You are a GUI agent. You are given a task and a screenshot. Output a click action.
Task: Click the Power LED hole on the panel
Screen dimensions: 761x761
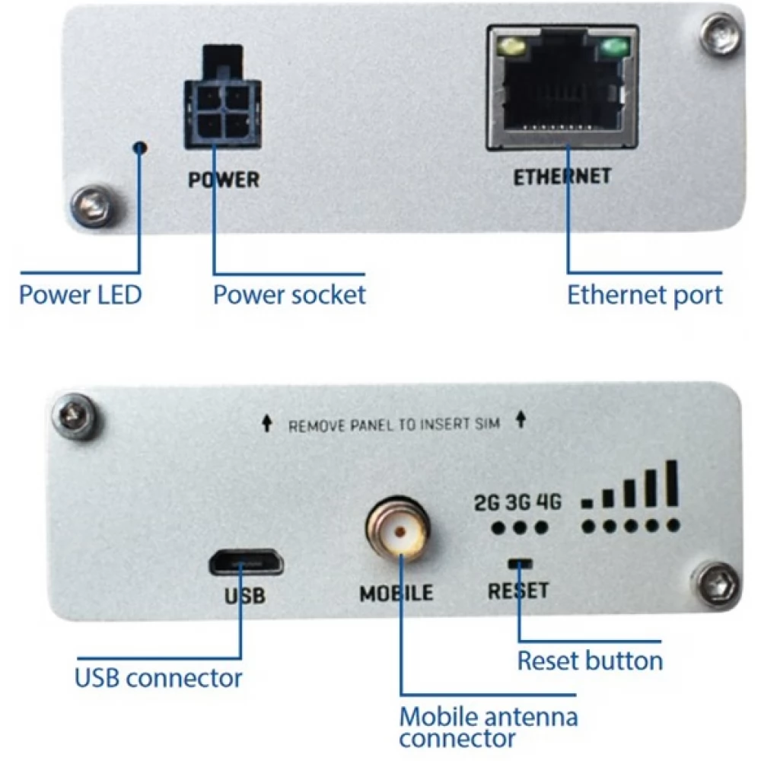tap(139, 146)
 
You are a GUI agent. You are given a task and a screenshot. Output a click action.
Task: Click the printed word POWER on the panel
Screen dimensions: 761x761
tap(224, 180)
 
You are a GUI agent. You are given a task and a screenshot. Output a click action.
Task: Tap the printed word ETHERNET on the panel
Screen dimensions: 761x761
tap(562, 177)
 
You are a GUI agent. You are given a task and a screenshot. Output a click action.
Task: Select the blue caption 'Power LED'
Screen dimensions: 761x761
tap(80, 295)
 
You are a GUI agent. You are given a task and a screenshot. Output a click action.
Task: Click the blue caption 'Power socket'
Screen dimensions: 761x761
tap(289, 295)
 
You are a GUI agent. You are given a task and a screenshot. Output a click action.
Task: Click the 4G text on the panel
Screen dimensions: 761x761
tap(548, 503)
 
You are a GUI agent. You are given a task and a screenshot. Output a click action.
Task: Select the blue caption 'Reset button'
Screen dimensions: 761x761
tap(590, 660)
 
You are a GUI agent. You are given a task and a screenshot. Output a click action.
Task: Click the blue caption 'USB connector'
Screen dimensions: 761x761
tap(158, 677)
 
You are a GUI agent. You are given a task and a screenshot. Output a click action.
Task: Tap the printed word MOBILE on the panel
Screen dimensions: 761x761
tap(396, 591)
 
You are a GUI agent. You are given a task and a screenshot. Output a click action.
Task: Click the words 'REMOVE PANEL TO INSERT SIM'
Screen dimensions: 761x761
tap(393, 425)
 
